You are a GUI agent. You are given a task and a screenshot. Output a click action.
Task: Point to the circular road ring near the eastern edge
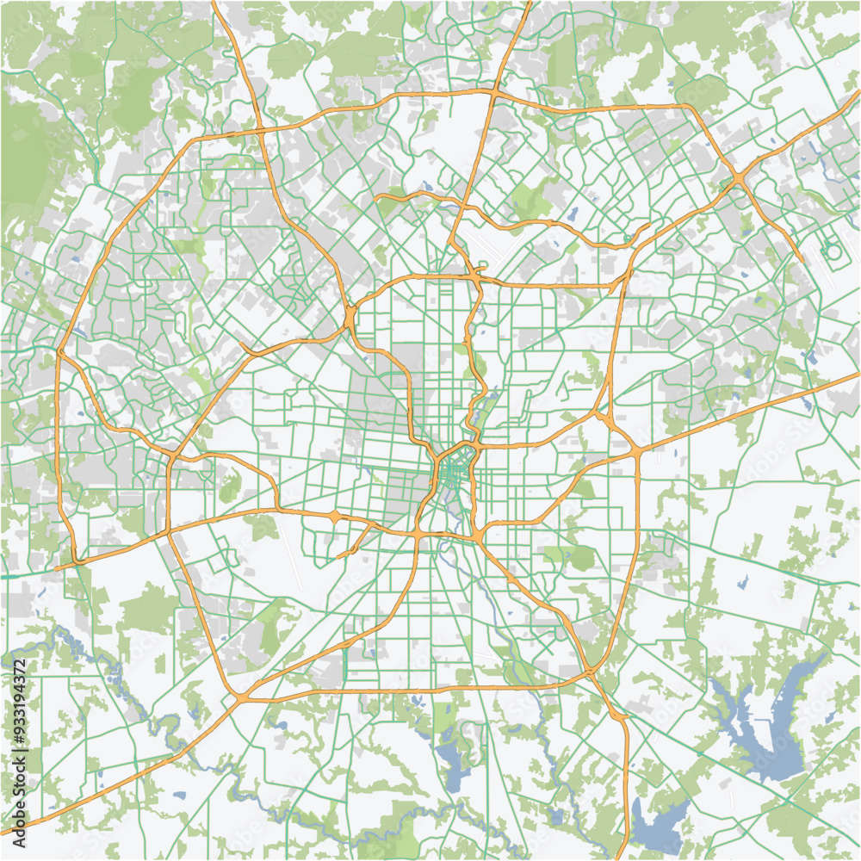(833, 251)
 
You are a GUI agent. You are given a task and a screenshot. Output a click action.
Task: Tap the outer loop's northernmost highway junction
(493, 90)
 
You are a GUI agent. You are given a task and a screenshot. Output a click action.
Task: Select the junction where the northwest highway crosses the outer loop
(260, 131)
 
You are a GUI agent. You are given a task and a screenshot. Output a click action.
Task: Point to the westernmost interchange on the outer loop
(60, 350)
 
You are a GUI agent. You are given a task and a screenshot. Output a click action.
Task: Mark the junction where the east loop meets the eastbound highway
(636, 452)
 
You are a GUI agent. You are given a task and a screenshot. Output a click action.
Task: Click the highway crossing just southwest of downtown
(418, 536)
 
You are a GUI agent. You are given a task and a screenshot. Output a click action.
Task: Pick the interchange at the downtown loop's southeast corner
(476, 536)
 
